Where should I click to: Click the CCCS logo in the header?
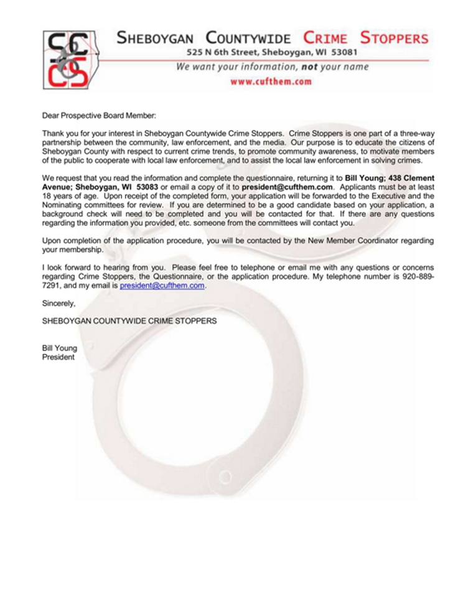(68, 60)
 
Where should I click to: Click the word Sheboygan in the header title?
(158, 38)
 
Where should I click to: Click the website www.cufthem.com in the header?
(271, 82)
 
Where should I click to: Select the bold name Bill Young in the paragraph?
(365, 178)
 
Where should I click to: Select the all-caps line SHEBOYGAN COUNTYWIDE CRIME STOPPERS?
(129, 321)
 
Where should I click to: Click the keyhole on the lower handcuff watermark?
(235, 465)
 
